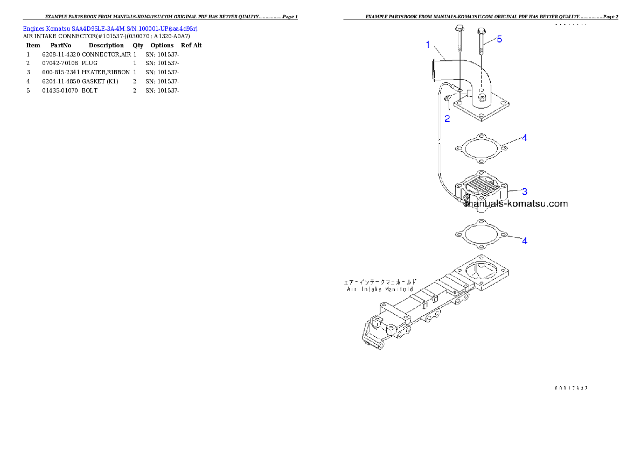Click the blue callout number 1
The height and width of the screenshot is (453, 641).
428,45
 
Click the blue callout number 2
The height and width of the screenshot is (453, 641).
447,118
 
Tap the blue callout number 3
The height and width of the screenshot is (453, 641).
524,191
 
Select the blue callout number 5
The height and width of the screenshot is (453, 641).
499,39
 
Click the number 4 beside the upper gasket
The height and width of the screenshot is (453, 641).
524,138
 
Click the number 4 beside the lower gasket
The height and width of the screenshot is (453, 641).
524,240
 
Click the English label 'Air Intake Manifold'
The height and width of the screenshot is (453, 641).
380,289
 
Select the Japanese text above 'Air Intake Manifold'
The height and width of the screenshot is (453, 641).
380,281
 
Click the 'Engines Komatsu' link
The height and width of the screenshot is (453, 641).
46,28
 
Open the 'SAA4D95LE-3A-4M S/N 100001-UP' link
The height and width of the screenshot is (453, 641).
135,28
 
